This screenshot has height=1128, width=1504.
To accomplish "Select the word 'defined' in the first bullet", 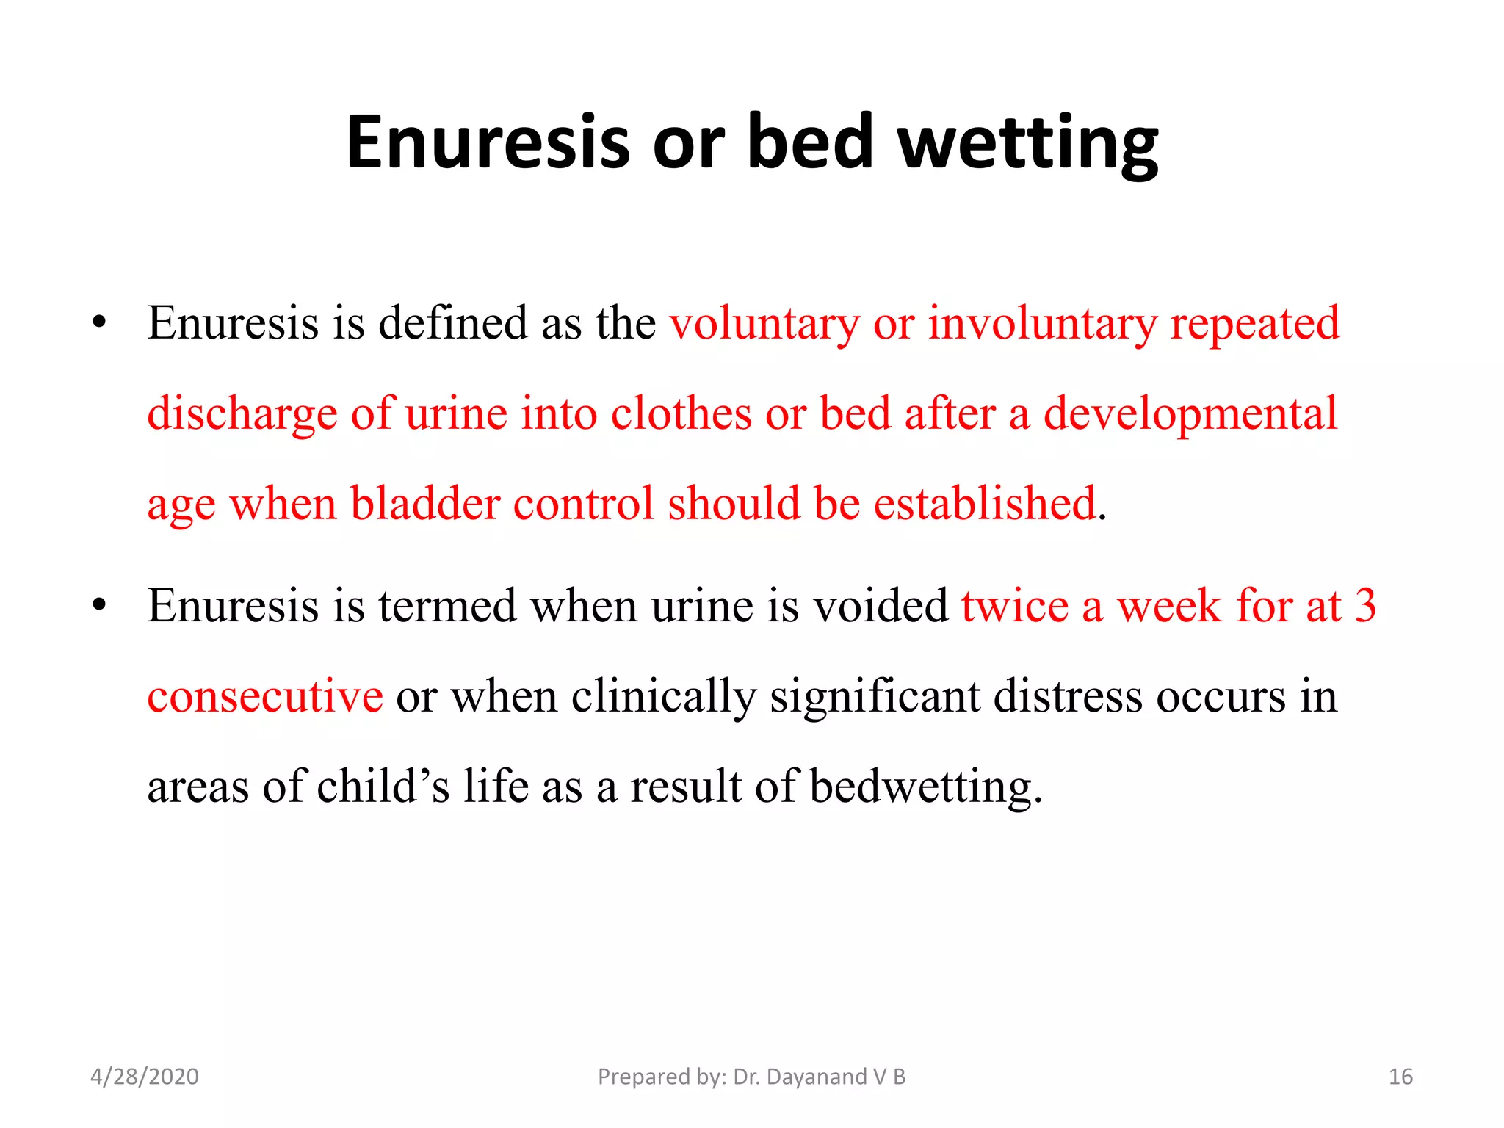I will (452, 323).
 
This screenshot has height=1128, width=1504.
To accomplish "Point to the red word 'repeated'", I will (1254, 325).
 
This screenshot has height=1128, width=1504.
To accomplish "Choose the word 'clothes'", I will (681, 413).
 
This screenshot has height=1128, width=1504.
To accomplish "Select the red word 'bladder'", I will (425, 505).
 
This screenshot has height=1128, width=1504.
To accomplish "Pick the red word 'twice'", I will (1014, 607).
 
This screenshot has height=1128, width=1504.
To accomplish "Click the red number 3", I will (1365, 607).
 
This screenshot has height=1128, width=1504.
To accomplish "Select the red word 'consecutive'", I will (264, 697).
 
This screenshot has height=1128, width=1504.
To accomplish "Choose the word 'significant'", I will (874, 697).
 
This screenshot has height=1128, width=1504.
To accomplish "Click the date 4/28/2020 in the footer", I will (144, 1077).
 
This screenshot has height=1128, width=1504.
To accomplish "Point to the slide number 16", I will (1400, 1077).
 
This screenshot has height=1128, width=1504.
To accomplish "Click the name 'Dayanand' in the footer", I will (816, 1077).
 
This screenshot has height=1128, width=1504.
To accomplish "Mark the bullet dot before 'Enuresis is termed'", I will (100, 606).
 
